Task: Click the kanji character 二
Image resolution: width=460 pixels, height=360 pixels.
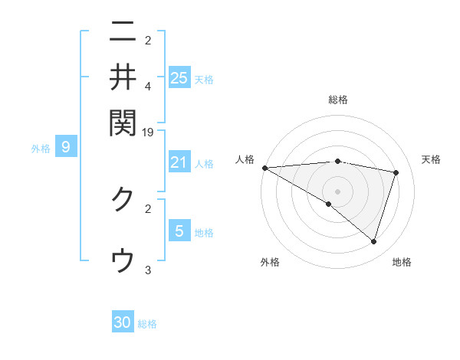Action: pos(123,32)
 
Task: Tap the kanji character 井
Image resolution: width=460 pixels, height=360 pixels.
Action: pos(123,77)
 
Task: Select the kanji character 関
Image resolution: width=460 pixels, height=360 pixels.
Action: pos(123,121)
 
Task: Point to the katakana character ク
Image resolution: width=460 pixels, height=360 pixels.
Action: pos(123,198)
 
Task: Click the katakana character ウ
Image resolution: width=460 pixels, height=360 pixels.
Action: pos(123,260)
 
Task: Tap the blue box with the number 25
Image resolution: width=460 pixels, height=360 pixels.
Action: pos(179,77)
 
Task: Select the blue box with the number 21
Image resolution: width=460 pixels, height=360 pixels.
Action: pos(179,162)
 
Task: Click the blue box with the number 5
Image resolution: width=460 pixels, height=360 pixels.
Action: pos(179,231)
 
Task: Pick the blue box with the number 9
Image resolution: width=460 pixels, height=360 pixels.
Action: pos(66,147)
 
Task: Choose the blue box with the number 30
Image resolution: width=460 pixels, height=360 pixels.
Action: pos(123,322)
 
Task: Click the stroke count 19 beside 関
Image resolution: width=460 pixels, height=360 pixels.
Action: pos(148,132)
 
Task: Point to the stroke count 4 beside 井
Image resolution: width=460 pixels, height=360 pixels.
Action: pos(148,86)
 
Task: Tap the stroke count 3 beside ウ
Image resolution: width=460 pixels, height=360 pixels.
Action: pos(148,270)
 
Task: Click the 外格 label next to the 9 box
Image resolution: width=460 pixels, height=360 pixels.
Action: pos(41,149)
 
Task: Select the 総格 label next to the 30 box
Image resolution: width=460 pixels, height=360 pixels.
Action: pos(147,324)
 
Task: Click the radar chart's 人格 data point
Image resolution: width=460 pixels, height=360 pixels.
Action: pos(264,168)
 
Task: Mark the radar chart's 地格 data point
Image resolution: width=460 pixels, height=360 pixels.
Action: pos(373,242)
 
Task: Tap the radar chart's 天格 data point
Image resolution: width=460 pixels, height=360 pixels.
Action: pos(396,172)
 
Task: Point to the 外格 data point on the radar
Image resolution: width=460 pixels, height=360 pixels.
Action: pos(329,204)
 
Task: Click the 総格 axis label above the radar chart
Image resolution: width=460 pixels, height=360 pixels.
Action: pos(338,100)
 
